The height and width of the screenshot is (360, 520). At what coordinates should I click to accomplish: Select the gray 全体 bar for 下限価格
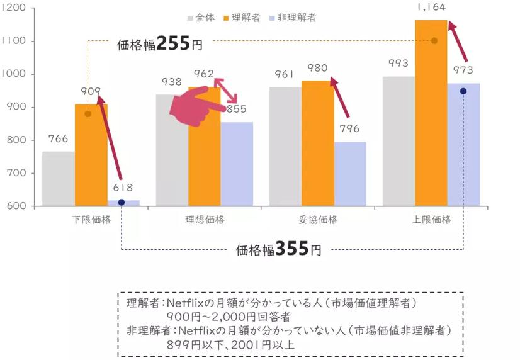[59, 179]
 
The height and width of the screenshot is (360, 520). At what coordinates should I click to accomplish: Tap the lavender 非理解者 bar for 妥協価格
[350, 174]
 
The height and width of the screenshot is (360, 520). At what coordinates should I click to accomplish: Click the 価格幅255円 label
[160, 44]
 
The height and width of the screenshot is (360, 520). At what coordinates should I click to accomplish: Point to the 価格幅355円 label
[278, 249]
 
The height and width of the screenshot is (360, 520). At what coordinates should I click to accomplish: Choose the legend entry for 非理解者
[292, 18]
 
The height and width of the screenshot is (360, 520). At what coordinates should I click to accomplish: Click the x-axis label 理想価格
[205, 220]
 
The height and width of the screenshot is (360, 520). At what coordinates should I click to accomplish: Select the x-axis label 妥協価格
[318, 220]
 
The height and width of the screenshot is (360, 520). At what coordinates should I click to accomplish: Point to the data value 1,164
[431, 8]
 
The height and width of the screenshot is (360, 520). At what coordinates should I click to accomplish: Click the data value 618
[123, 188]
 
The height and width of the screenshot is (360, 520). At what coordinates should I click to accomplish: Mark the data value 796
[349, 129]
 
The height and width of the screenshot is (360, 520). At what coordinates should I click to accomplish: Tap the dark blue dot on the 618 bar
[122, 202]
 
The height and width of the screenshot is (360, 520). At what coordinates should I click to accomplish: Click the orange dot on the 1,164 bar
[434, 41]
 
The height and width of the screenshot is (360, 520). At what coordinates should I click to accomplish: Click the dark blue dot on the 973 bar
[463, 91]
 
